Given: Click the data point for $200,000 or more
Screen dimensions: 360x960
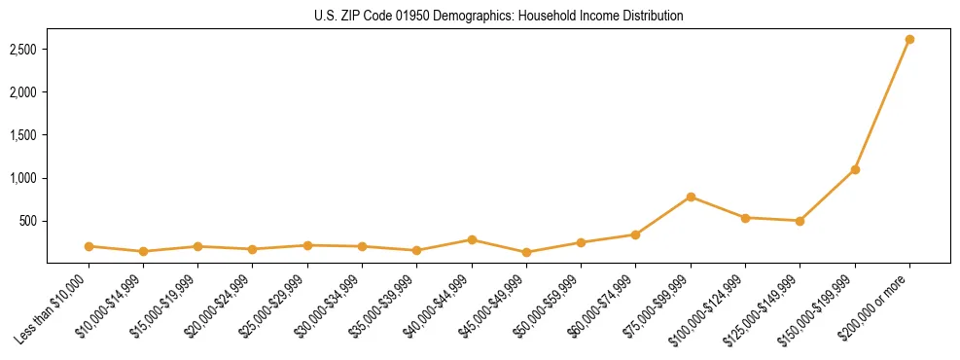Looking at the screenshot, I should [909, 39].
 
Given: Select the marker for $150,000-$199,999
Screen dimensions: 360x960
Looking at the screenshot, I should [855, 169].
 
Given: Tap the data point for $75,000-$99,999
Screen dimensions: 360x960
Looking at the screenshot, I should [691, 197].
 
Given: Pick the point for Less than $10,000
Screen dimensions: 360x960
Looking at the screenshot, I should [89, 246].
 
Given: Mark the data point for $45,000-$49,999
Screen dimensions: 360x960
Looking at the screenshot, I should [526, 252].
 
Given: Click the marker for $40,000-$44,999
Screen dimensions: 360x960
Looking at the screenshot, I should [472, 239].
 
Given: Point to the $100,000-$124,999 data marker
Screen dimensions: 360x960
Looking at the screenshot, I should [745, 218].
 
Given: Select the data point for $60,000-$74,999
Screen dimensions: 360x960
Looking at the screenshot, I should [635, 234].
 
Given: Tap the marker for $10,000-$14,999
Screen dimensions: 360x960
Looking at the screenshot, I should [143, 251].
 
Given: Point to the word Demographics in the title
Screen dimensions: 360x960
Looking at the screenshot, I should [468, 16].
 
